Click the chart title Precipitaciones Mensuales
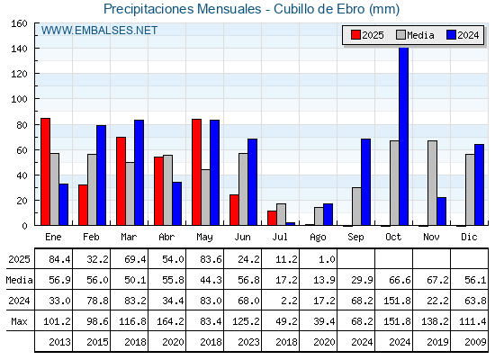182,9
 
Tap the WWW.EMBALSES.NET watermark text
99,31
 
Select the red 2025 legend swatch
355,35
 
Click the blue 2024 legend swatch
451,35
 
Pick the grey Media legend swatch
400,35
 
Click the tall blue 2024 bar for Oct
404,136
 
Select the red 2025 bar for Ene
45,172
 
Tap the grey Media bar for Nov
432,183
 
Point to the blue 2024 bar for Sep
365,182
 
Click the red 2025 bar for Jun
234,210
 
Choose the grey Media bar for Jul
281,214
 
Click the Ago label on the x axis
318,238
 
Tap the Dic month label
469,237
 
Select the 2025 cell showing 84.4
59,259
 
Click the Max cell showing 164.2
170,321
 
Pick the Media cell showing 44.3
211,280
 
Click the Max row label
19,321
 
